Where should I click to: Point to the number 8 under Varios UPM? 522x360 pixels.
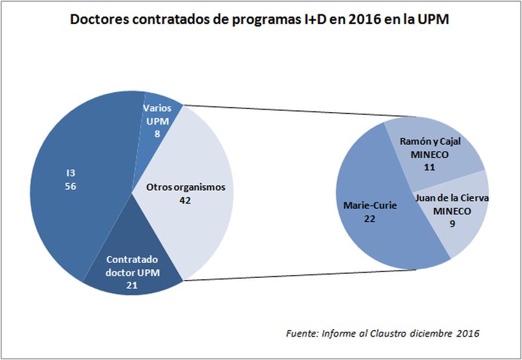coord(157,132)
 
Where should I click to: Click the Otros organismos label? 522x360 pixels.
coord(185,187)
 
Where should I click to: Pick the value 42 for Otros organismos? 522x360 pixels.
coord(185,200)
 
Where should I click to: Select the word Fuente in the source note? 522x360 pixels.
coord(301,333)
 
